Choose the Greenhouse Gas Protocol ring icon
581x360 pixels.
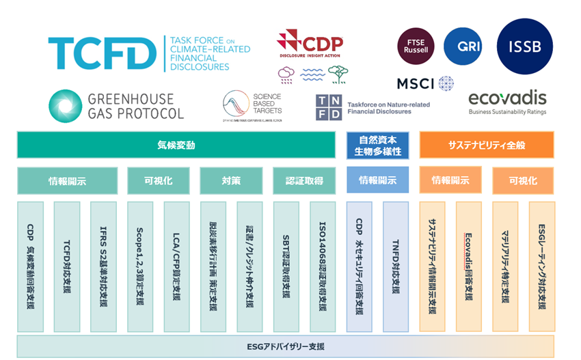pyautogui.click(x=66, y=107)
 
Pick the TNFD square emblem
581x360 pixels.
pyautogui.click(x=328, y=108)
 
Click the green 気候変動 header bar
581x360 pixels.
pyautogui.click(x=176, y=145)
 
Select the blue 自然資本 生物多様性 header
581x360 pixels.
pyautogui.click(x=377, y=145)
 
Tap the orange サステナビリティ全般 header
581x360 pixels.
pyautogui.click(x=486, y=145)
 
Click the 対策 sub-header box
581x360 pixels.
pyautogui.click(x=230, y=181)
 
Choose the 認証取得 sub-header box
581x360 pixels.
pyautogui.click(x=303, y=181)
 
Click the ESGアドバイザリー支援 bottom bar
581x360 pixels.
pyautogui.click(x=285, y=346)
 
